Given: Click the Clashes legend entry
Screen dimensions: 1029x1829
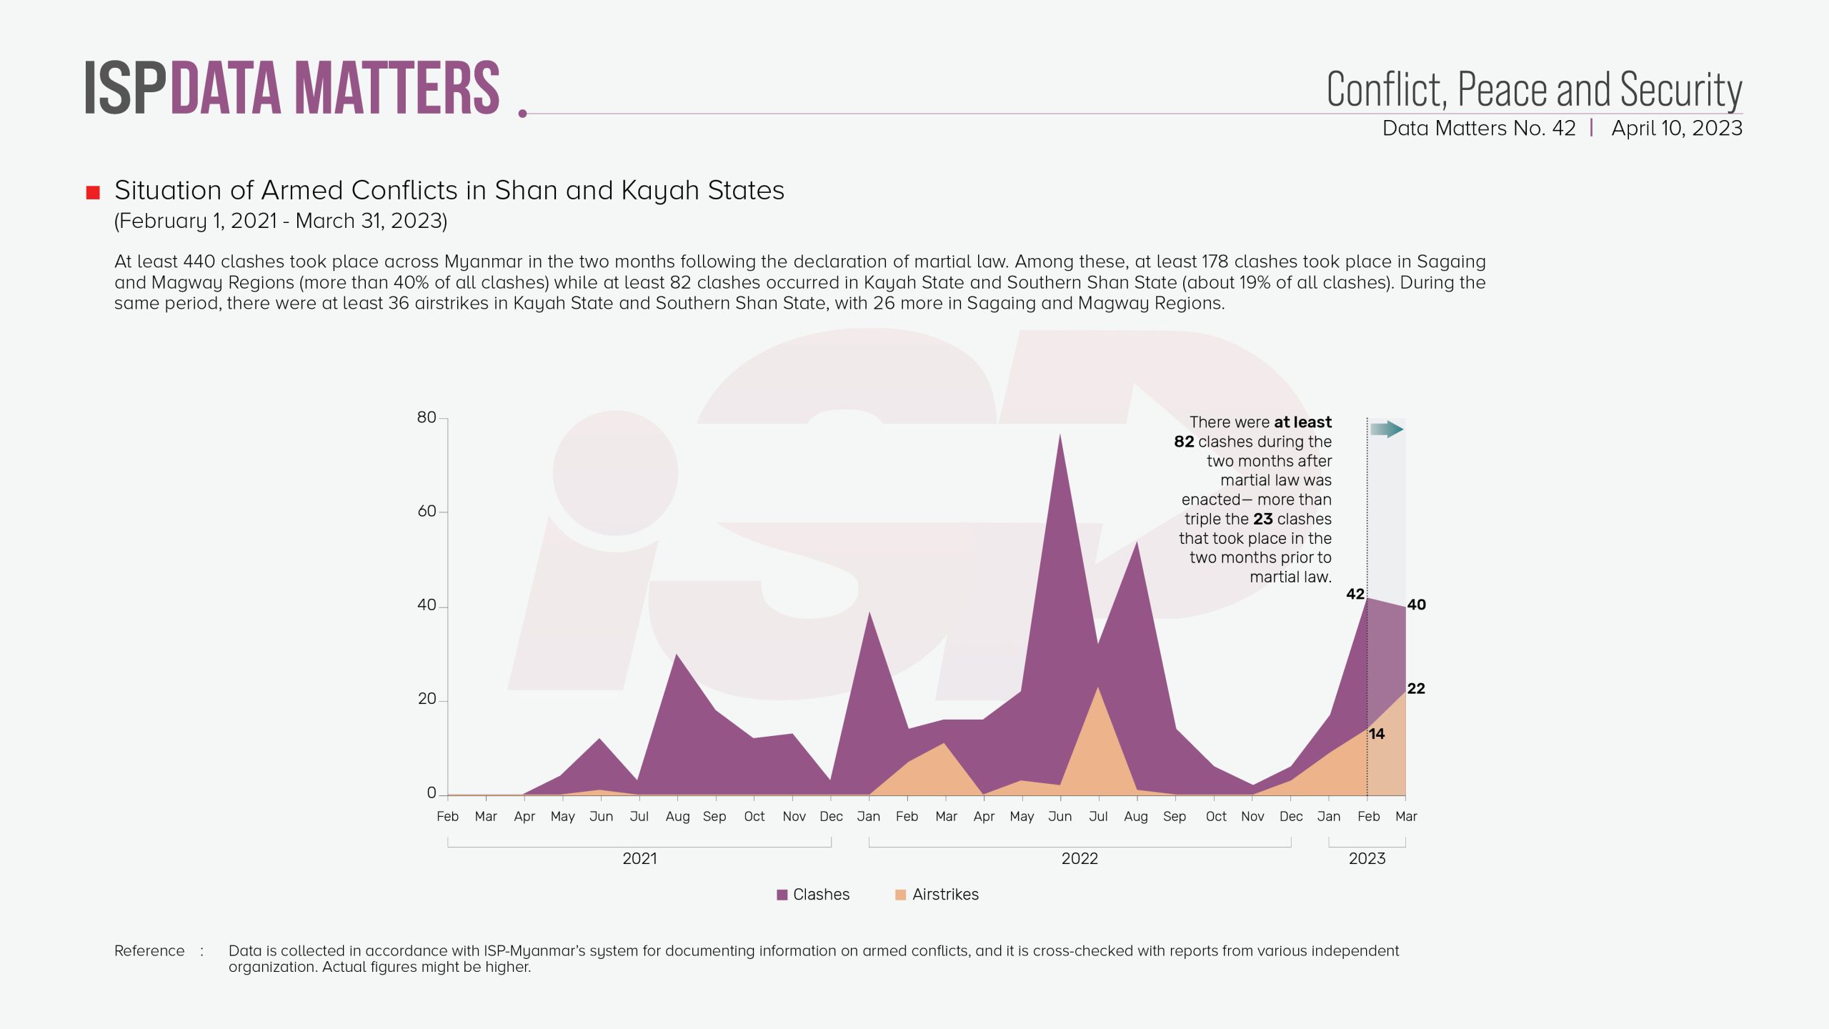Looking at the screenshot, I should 813,895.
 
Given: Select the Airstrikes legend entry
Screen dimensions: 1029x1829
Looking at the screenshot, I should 937,895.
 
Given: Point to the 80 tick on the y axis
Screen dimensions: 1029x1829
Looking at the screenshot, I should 427,418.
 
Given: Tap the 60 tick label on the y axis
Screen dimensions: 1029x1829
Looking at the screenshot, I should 427,512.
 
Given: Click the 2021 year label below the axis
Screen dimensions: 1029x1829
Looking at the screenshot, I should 639,859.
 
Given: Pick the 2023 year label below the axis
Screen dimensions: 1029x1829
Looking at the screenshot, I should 1367,859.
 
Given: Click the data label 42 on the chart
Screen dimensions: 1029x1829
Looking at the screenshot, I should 1355,594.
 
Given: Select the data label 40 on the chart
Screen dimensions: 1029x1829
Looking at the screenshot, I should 1416,605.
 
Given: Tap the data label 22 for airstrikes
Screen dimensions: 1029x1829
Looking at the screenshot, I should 1416,689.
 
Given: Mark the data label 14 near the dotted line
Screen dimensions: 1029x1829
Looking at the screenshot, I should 1377,734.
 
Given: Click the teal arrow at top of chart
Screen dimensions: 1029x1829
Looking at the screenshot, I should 1387,429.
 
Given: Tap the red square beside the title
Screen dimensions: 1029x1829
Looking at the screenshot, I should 93,192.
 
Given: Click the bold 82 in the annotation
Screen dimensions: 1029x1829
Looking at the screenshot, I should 1184,442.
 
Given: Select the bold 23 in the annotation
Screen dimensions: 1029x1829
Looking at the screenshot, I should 1262,519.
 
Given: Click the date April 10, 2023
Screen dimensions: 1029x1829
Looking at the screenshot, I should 1676,129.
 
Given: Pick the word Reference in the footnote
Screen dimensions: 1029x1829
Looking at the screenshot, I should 149,951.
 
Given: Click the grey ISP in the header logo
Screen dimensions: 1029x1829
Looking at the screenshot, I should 125,89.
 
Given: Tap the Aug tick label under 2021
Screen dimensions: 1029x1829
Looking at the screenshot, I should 677,817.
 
